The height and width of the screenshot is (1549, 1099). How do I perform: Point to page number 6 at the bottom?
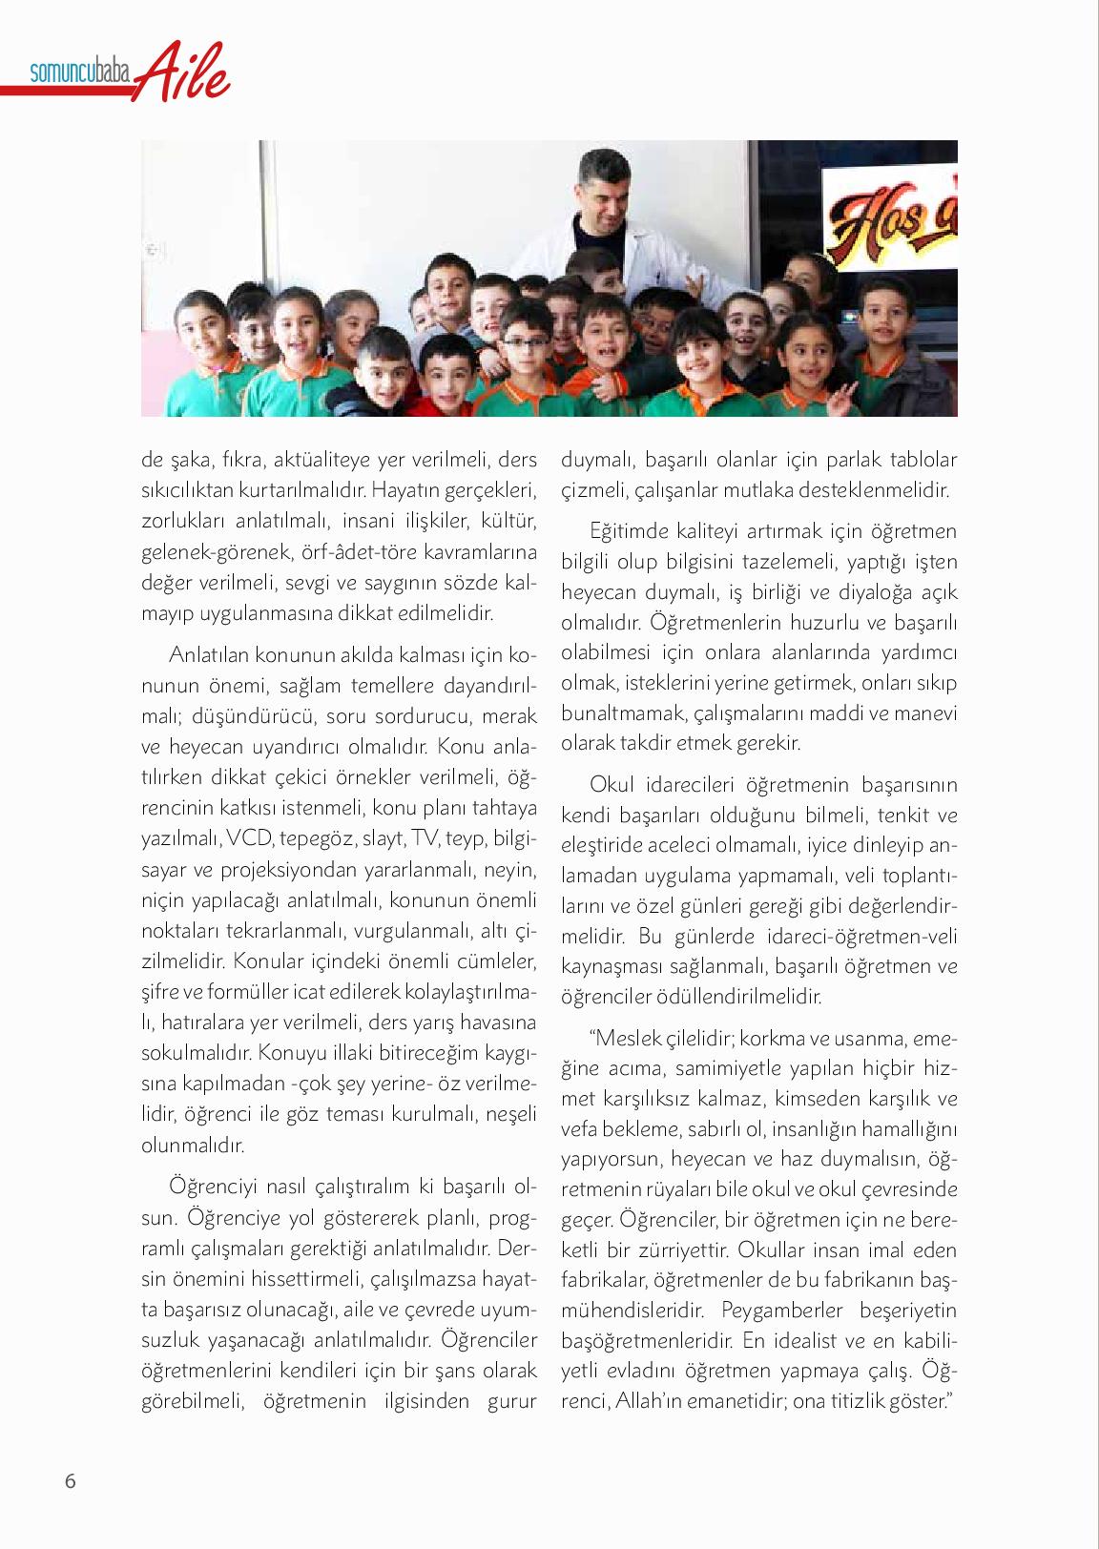pyautogui.click(x=70, y=1481)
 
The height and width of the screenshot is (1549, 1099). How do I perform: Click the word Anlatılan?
pyautogui.click(x=207, y=655)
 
